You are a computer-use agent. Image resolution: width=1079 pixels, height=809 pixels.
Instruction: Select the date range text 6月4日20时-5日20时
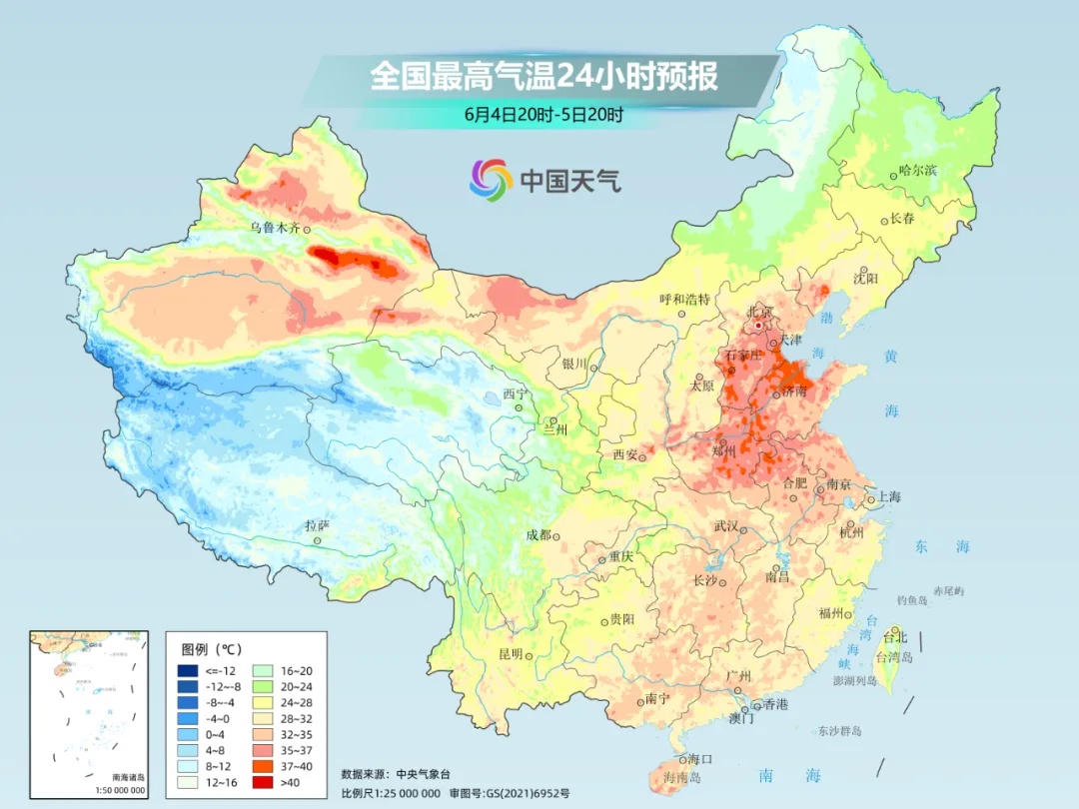(543, 114)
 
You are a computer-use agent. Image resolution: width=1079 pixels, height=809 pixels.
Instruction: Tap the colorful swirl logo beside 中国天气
(491, 179)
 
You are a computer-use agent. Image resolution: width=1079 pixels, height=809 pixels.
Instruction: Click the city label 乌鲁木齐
(275, 228)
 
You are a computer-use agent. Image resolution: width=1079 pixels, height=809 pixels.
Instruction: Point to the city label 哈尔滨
(917, 171)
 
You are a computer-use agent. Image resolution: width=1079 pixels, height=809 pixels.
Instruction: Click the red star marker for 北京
(759, 325)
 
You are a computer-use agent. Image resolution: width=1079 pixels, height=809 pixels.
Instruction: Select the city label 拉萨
(317, 525)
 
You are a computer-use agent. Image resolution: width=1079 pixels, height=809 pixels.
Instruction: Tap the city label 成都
(539, 534)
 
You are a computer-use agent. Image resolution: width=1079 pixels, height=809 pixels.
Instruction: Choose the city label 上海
(889, 496)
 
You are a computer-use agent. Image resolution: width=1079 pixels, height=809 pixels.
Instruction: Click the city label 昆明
(511, 654)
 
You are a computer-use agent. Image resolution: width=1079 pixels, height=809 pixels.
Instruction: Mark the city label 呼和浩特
(684, 299)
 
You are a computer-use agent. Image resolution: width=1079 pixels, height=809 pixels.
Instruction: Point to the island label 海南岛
(682, 776)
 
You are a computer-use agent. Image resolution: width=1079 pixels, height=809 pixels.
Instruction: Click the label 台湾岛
(894, 657)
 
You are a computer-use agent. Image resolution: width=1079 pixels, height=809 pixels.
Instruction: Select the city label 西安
(624, 454)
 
